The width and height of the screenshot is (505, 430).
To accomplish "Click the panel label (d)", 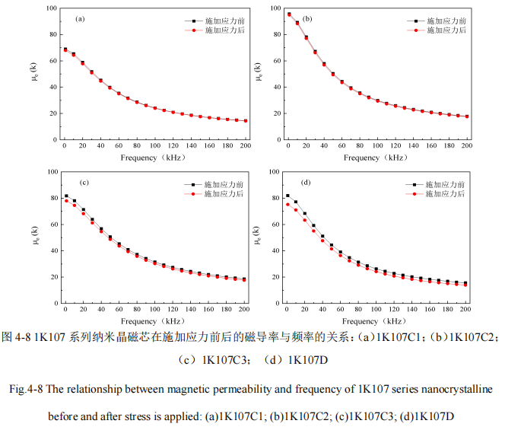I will [x=305, y=183].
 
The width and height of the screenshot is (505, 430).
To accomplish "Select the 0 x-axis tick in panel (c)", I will [x=65, y=310].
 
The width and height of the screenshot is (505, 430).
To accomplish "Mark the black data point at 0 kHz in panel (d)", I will [x=287, y=196].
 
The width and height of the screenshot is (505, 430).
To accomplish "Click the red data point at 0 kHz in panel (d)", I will [x=287, y=204].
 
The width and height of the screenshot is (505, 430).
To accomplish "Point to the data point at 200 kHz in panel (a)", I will [x=246, y=121].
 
